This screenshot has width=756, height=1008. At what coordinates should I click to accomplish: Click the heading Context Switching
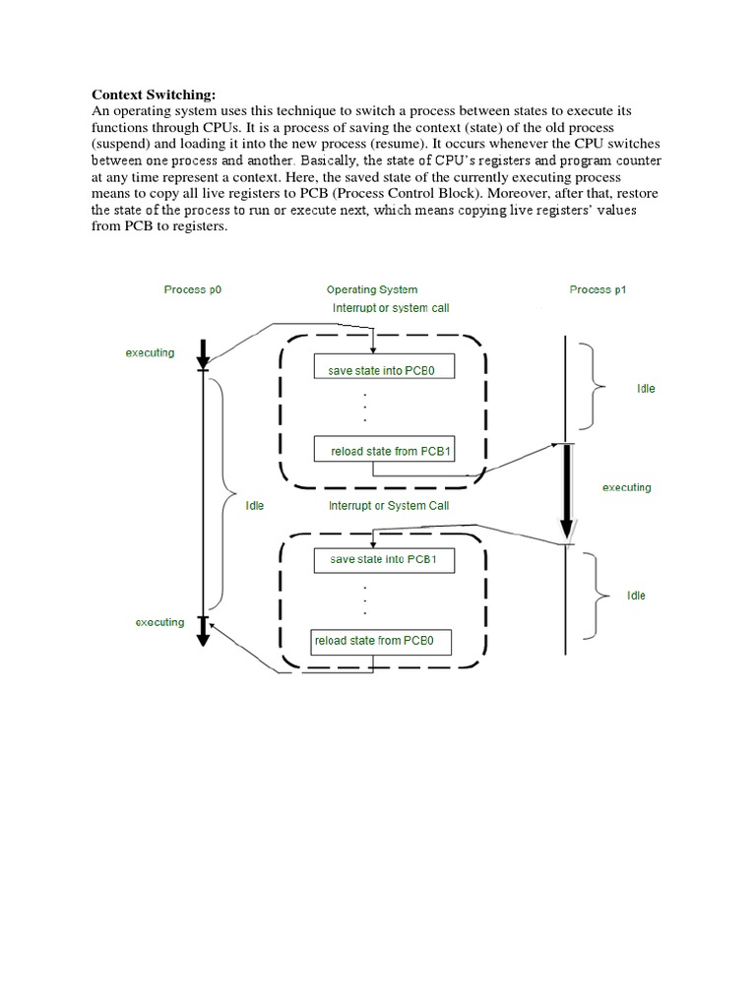(153, 94)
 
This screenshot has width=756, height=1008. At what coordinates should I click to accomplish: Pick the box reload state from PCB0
(380, 641)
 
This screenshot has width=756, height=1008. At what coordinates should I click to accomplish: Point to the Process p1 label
(598, 289)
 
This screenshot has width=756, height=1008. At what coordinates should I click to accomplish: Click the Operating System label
(371, 289)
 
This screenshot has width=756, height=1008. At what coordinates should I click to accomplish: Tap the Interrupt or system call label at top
(391, 308)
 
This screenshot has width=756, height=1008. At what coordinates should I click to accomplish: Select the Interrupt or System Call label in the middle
(388, 505)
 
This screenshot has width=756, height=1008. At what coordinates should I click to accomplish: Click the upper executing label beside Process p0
(150, 352)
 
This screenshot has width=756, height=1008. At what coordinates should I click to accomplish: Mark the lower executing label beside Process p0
(159, 622)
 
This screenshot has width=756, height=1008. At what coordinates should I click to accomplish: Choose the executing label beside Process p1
(626, 487)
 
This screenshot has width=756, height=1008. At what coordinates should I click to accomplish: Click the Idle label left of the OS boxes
(254, 505)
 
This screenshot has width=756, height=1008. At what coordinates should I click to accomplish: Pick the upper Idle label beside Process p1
(645, 389)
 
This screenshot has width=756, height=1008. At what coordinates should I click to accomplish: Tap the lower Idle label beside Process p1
(636, 596)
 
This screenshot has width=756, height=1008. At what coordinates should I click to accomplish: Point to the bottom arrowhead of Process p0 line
(203, 638)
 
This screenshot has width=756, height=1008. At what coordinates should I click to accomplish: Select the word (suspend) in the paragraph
(123, 144)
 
